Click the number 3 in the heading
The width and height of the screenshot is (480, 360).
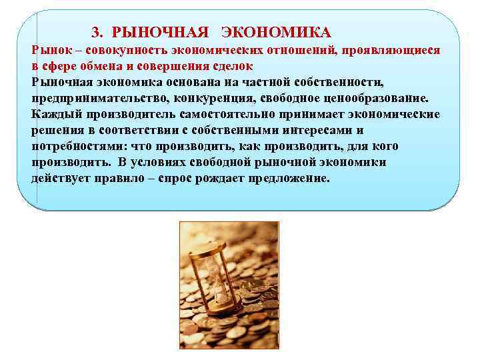click(95, 32)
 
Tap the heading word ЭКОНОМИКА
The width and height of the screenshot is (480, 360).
click(276, 32)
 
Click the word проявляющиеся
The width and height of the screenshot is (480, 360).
click(396, 51)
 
